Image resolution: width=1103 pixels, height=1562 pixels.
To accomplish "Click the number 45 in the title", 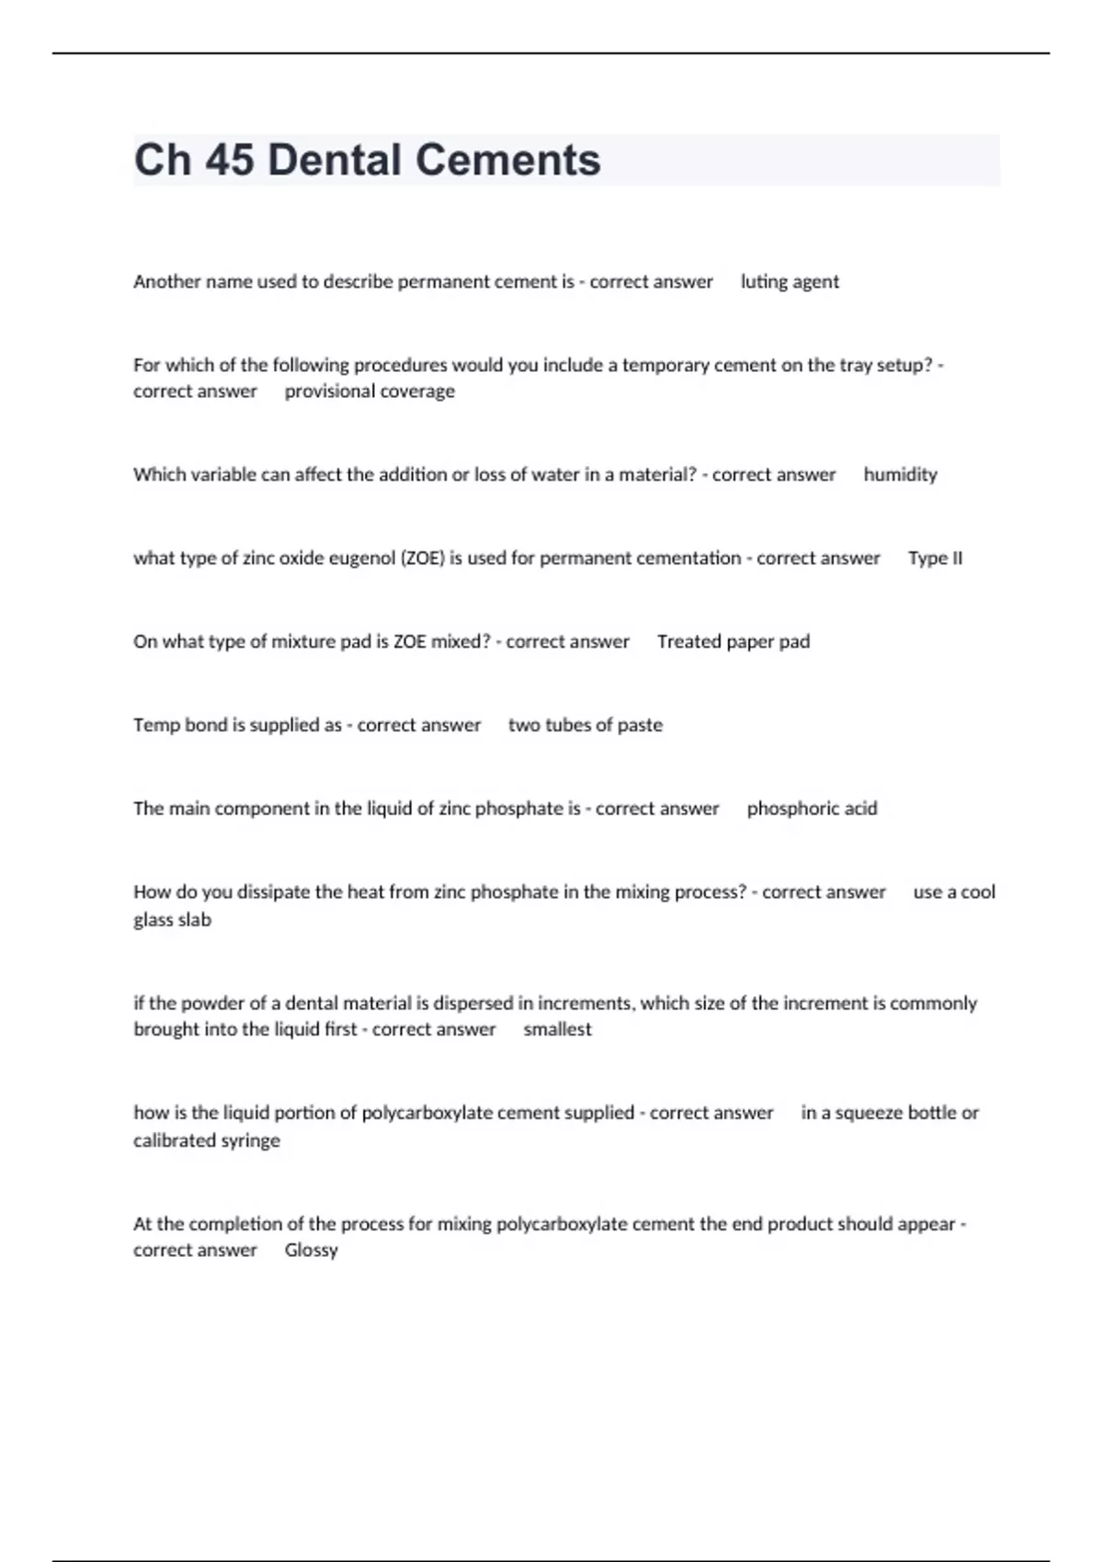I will pos(229,160).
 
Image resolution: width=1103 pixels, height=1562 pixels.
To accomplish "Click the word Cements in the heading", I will pos(507,160).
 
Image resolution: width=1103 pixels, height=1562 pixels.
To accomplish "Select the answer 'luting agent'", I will pos(790,282).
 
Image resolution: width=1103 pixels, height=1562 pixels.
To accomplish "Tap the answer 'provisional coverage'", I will pos(370,391).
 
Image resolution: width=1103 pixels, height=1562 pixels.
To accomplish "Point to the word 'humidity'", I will pos(900,475).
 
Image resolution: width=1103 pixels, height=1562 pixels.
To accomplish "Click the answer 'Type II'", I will pos(935,559).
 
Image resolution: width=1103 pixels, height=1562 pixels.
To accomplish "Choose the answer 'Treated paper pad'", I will pos(733,642).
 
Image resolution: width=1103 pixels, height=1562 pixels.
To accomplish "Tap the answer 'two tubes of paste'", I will pos(585,725).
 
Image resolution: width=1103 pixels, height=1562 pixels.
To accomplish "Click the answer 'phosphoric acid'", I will pos(812,809).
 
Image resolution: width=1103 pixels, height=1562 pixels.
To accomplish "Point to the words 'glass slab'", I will pos(172,920).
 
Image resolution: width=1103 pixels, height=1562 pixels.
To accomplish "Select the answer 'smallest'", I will pos(557,1030).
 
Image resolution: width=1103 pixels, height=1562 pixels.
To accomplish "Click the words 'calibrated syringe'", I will pos(207,1140).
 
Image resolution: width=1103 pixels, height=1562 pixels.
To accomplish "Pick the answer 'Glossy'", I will pos(311,1251).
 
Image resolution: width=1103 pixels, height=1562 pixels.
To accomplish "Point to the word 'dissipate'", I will pos(274,892).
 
